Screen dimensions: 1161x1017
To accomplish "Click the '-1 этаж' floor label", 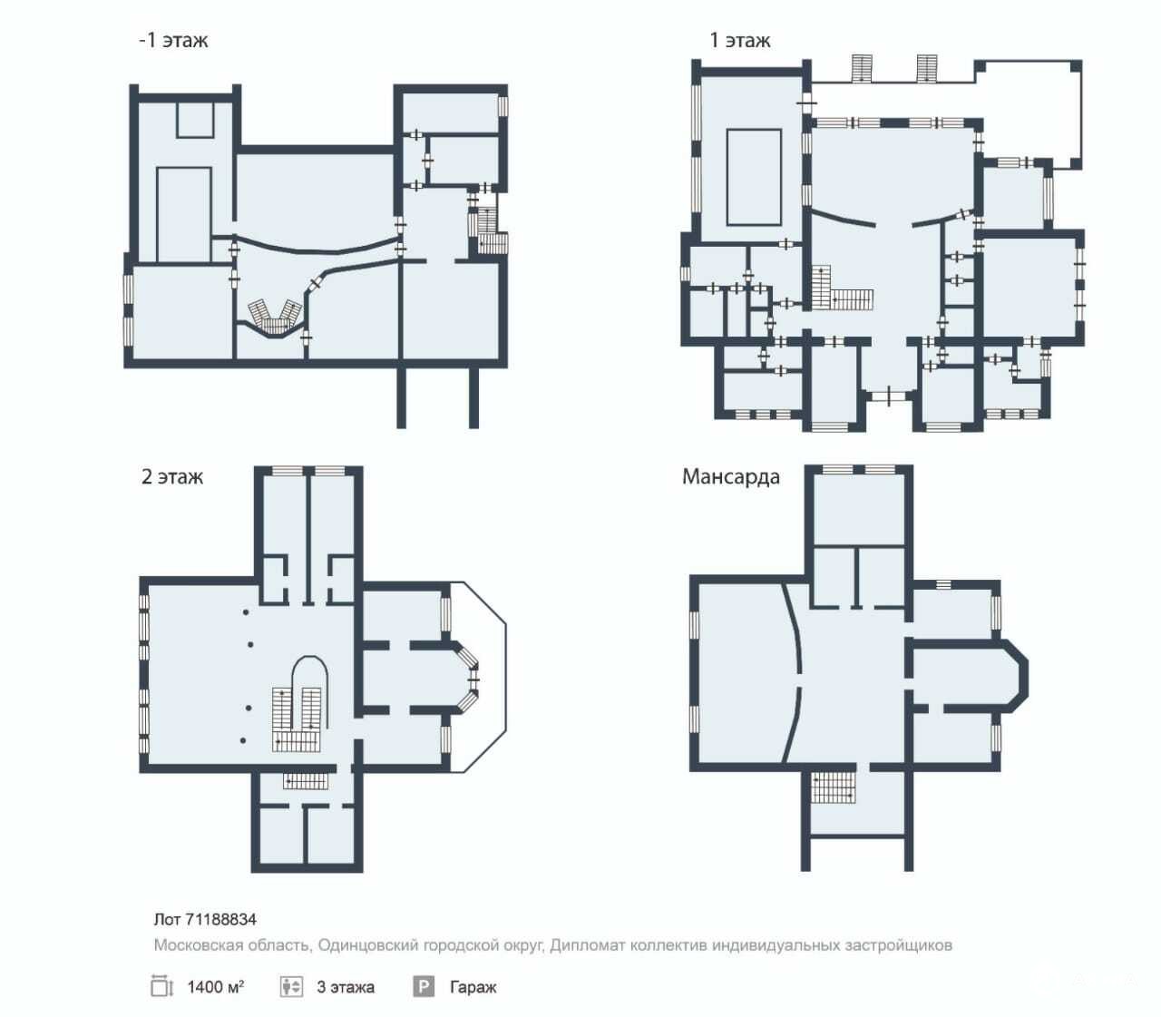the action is pyautogui.click(x=173, y=41).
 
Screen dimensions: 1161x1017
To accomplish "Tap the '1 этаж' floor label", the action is pyautogui.click(x=740, y=41).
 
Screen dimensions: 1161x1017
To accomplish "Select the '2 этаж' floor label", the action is pyautogui.click(x=172, y=476).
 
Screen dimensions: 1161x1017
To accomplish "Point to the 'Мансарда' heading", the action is pyautogui.click(x=731, y=476).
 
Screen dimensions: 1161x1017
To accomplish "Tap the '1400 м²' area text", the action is pyautogui.click(x=216, y=987).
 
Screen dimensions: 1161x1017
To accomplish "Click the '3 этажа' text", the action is pyautogui.click(x=346, y=987).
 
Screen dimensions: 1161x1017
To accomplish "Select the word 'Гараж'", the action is pyautogui.click(x=473, y=987).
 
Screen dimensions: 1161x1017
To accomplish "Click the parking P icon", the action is pyautogui.click(x=424, y=986).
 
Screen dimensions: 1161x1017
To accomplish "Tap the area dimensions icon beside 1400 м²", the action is pyautogui.click(x=161, y=986).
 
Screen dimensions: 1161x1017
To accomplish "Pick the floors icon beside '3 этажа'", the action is pyautogui.click(x=291, y=986).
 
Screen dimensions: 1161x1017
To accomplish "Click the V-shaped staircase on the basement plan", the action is pyautogui.click(x=275, y=317).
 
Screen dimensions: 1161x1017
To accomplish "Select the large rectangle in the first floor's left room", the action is pyautogui.click(x=754, y=178).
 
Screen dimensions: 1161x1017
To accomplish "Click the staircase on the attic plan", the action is pyautogui.click(x=833, y=787).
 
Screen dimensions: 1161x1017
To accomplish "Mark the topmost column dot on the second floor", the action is pyautogui.click(x=246, y=612).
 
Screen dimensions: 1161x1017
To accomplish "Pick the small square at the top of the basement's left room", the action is pyautogui.click(x=195, y=120).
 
